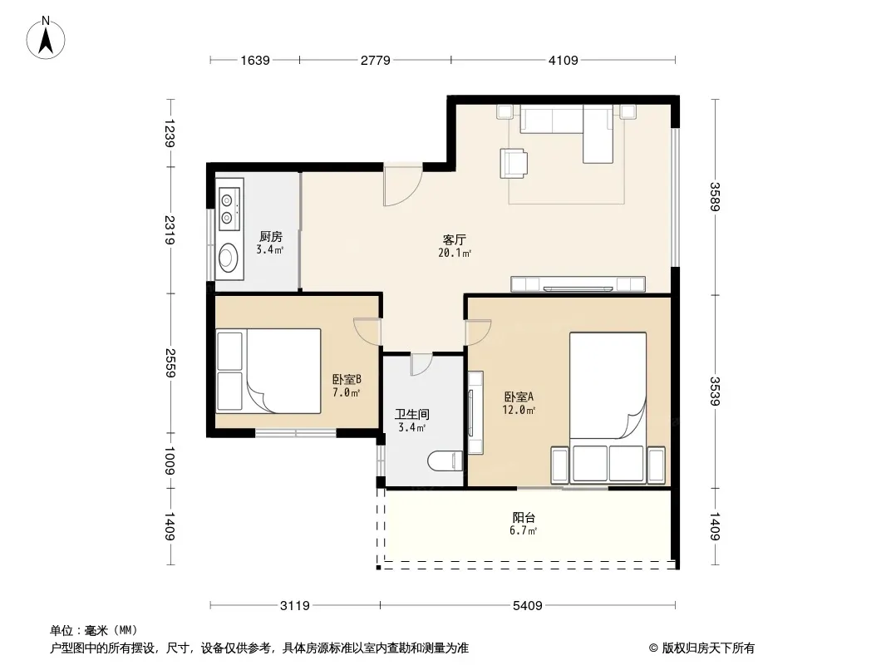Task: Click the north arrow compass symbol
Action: (x=46, y=38)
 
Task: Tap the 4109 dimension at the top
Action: (x=563, y=60)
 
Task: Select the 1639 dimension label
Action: (x=255, y=60)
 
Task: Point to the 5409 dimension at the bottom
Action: (x=527, y=606)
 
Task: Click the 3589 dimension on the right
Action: (x=715, y=197)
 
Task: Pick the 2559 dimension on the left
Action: (x=170, y=362)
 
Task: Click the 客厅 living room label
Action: (x=455, y=239)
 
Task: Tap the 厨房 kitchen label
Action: (x=271, y=236)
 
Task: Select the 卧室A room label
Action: (x=519, y=397)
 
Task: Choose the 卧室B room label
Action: (x=347, y=379)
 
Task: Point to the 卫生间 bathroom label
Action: (x=412, y=414)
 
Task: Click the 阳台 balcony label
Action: (x=524, y=517)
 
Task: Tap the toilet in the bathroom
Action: (x=445, y=461)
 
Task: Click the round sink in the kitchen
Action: (x=229, y=259)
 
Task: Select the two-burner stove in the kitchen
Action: (x=229, y=209)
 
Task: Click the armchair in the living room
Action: (x=514, y=163)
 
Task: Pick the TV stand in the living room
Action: (x=578, y=284)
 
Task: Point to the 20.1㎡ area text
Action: (x=455, y=254)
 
